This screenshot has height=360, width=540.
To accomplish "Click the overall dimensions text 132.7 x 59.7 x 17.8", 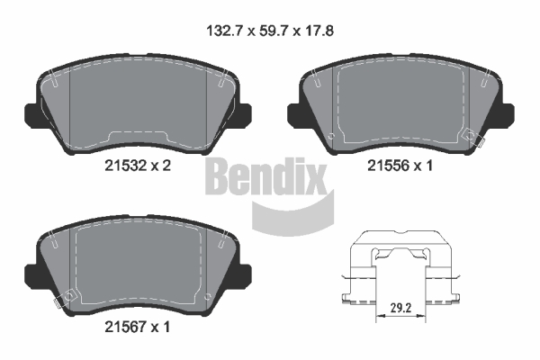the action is click(x=270, y=31).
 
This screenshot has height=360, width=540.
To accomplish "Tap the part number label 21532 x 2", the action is click(x=138, y=166).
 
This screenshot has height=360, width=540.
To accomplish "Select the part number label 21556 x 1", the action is click(x=400, y=166).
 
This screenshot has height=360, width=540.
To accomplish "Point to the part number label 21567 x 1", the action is click(x=138, y=327).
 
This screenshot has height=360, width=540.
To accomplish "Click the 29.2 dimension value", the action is click(x=400, y=308).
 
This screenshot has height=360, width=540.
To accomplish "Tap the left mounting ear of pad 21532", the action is click(x=31, y=114).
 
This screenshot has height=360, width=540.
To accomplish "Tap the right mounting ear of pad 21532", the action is click(x=244, y=114).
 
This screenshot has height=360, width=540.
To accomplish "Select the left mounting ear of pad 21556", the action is click(x=294, y=114).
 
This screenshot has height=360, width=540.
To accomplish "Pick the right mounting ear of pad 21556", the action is click(x=508, y=114).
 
